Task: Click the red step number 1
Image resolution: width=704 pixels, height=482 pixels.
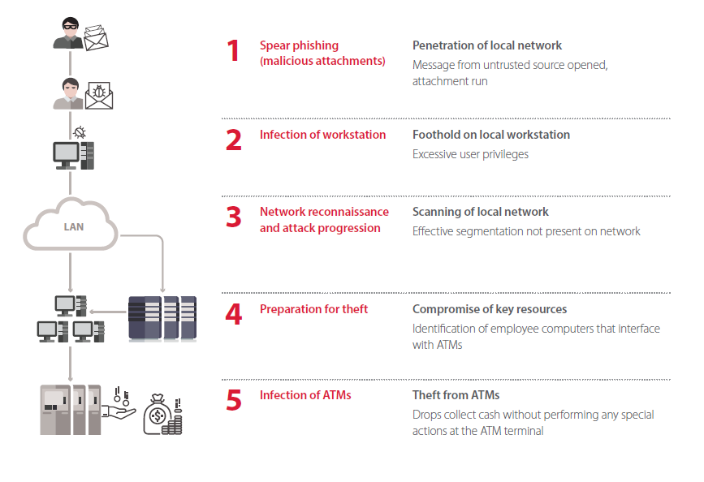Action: pyautogui.click(x=232, y=50)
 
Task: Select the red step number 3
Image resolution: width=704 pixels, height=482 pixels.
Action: pyautogui.click(x=234, y=217)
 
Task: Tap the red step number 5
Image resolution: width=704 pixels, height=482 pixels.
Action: pyautogui.click(x=234, y=400)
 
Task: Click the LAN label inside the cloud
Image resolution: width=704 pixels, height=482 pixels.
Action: pyautogui.click(x=74, y=227)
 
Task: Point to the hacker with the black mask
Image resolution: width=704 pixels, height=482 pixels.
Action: pyautogui.click(x=69, y=32)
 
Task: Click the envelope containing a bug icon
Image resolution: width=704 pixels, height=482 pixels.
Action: pyautogui.click(x=99, y=95)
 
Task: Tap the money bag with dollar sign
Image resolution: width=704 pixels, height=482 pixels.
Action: pyautogui.click(x=158, y=415)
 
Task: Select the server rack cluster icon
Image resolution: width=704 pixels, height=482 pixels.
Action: pyautogui.click(x=162, y=318)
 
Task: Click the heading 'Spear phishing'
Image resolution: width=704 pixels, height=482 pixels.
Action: pyautogui.click(x=299, y=45)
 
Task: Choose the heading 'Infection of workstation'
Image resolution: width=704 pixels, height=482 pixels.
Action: pyautogui.click(x=322, y=135)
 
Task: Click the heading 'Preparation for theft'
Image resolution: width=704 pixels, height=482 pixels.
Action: pyautogui.click(x=313, y=309)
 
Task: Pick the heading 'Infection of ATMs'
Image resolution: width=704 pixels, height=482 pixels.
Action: pyautogui.click(x=305, y=395)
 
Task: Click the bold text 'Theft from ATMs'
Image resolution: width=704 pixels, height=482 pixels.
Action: pyautogui.click(x=456, y=395)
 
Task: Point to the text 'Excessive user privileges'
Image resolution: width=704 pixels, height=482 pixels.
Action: pyautogui.click(x=470, y=154)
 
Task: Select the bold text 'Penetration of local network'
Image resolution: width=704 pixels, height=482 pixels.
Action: pyautogui.click(x=486, y=45)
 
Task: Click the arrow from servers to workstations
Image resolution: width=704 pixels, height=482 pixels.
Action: pyautogui.click(x=108, y=312)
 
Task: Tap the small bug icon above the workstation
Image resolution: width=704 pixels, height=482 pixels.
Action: pyautogui.click(x=80, y=132)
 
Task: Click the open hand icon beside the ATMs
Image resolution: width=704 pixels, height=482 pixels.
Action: pyautogui.click(x=119, y=411)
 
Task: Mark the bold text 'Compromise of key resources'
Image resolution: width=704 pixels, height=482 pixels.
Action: pyautogui.click(x=490, y=309)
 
